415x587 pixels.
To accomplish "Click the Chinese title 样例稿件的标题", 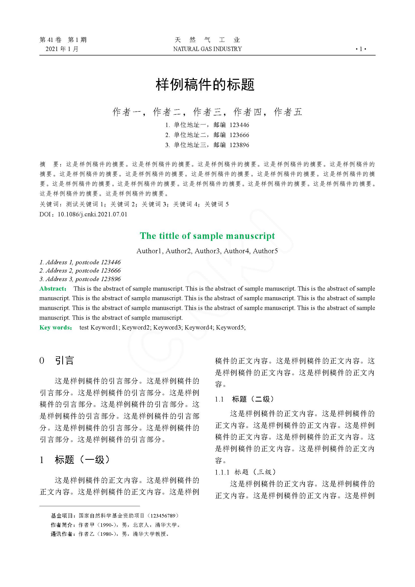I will pos(205,85).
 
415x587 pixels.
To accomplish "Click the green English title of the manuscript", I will pos(207,236).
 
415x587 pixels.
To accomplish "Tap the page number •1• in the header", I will pos(361,49).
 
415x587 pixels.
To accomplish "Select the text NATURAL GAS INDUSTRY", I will pos(207,49).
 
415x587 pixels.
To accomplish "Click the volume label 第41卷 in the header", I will pos(51,40).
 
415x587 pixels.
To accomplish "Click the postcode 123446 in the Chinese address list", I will pos(239,125).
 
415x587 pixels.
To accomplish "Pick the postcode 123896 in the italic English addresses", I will pos(111,279).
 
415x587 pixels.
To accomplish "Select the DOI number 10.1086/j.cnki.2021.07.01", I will pos(93,214).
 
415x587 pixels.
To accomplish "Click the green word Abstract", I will pos(52,289).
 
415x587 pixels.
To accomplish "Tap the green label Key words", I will pos(55,328).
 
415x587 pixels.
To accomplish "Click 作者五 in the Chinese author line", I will pos(288,112).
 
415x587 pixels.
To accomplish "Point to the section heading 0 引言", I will pos(57,361).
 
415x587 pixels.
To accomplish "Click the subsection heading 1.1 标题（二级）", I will pos(245,399).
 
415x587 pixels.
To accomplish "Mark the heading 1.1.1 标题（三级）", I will pos(246,472).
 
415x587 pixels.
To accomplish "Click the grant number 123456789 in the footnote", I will pos(163,516).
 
